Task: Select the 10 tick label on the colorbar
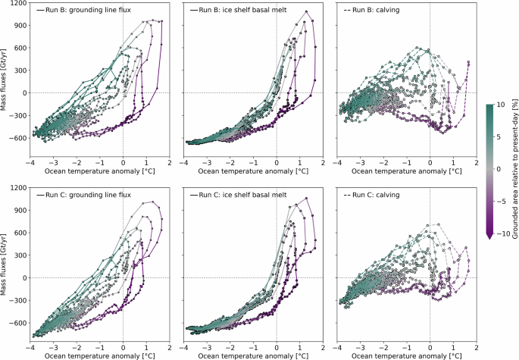501,104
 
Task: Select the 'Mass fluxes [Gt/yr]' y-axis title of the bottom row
6,265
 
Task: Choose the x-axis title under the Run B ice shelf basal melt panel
253,171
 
